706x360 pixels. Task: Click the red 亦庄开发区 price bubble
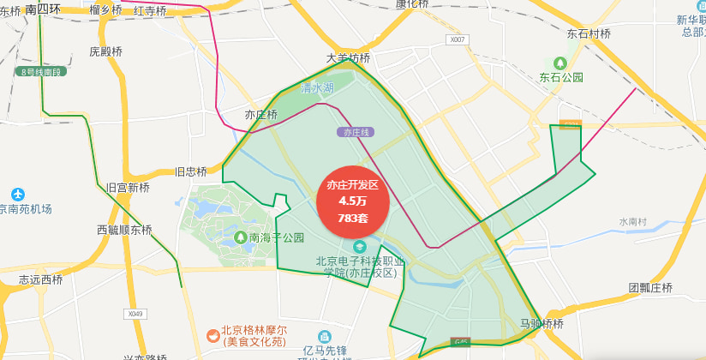point(353,201)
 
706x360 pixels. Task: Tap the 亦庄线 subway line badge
point(355,133)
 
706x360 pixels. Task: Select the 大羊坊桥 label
point(349,58)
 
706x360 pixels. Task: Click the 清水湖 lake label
point(317,88)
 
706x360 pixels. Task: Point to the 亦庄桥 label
point(261,114)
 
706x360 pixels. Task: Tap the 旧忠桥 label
point(191,171)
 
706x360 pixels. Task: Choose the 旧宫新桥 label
point(128,187)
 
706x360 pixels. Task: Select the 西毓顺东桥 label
point(124,230)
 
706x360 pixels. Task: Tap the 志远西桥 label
point(41,279)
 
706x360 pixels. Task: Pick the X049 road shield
point(133,314)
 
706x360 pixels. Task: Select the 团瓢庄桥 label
point(650,288)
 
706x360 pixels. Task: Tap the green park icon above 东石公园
point(560,63)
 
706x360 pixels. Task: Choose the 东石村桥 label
point(589,33)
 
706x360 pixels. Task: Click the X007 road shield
point(458,39)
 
